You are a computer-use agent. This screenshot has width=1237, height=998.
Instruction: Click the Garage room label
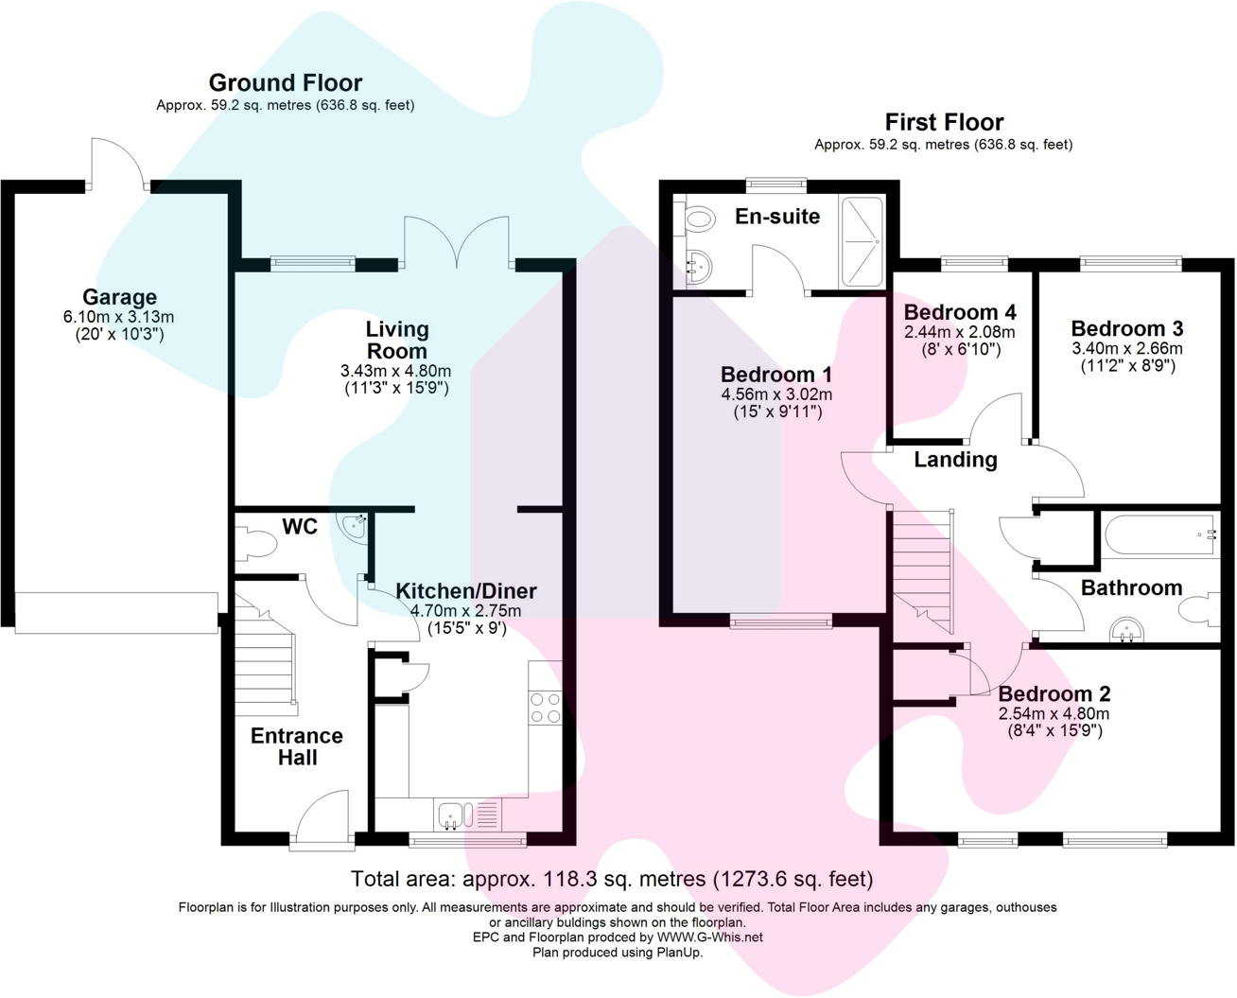point(119,297)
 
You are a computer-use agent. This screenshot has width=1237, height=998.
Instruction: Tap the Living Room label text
point(397,340)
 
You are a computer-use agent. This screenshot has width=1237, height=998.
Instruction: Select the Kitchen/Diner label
point(465,591)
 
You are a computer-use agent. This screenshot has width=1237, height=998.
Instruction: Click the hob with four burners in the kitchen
point(546,708)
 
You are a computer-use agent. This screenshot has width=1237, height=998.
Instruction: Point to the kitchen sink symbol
point(451,814)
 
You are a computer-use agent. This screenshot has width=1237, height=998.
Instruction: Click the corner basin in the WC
point(356,526)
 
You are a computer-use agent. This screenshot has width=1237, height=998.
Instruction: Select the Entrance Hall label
point(296,746)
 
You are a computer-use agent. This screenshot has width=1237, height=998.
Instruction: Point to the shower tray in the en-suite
point(862,241)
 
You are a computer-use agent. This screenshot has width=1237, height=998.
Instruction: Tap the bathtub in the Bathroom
point(1159,535)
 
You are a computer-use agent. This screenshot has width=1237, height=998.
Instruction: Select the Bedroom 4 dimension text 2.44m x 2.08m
point(959,332)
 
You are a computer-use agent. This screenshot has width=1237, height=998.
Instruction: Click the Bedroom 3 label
point(1126,329)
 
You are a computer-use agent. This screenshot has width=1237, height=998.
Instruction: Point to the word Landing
point(955,460)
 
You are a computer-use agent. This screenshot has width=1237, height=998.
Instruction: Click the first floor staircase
point(923,568)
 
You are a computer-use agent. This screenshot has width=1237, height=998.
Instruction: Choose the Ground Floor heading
point(285,82)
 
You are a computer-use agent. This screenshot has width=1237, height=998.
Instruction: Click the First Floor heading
point(943,122)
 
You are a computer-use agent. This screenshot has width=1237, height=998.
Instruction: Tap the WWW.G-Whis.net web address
point(709,937)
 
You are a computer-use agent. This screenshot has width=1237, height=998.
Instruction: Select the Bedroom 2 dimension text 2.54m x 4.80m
point(1054,714)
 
